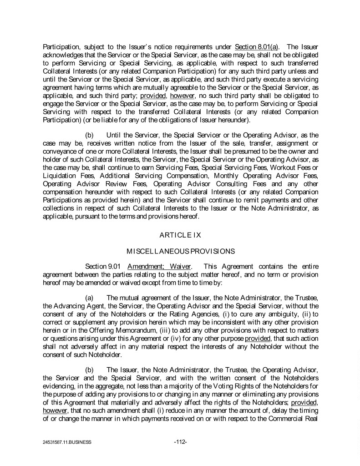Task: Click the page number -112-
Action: (181, 441)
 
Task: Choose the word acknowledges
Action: (65, 54)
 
